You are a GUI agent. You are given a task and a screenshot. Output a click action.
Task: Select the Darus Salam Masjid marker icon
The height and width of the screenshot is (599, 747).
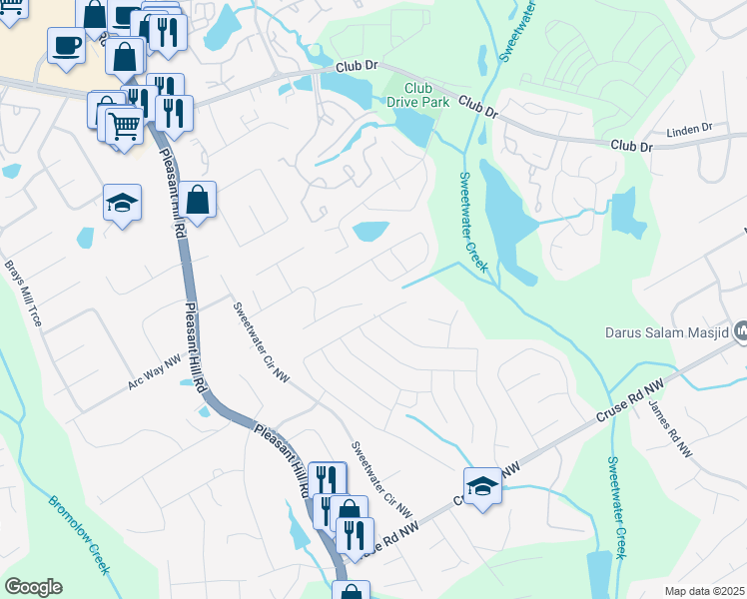pyautogui.click(x=741, y=330)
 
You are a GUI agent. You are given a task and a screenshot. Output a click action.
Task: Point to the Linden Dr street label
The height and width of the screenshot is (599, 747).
pyautogui.click(x=692, y=128)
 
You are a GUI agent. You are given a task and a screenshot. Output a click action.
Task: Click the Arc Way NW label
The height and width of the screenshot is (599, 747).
pyautogui.click(x=155, y=374)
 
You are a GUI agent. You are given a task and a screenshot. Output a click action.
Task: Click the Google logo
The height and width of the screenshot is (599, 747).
pyautogui.click(x=33, y=587)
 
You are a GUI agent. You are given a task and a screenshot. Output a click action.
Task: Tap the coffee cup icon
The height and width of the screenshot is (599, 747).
pyautogui.click(x=67, y=47)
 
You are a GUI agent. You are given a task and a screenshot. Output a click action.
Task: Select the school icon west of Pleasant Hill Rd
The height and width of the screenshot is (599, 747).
pyautogui.click(x=123, y=203)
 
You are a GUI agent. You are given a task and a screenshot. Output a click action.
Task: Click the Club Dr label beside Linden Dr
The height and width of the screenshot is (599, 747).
pyautogui.click(x=631, y=146)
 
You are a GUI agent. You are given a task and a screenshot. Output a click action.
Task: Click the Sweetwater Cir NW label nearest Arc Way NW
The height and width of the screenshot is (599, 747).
pyautogui.click(x=261, y=342)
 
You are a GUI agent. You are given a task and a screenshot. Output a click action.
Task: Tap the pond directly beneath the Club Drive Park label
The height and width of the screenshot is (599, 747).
pyautogui.click(x=415, y=125)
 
